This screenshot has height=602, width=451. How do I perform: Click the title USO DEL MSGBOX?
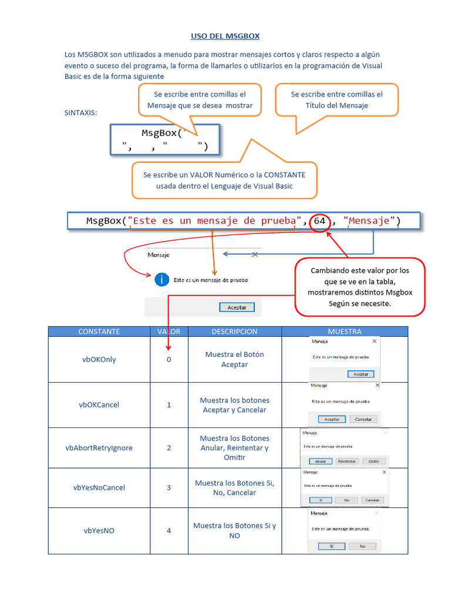(225, 36)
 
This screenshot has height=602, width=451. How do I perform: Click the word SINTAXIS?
(80, 112)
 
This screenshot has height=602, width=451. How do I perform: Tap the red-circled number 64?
(319, 221)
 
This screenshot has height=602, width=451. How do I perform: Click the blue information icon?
(161, 280)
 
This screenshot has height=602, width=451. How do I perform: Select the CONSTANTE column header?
(99, 332)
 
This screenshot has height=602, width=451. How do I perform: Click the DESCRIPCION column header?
(234, 332)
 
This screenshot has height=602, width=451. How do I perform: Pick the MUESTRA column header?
(345, 332)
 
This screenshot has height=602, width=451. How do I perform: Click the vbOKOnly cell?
(99, 359)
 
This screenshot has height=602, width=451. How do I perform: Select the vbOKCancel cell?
(99, 404)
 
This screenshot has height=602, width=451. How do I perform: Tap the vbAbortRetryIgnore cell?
(99, 447)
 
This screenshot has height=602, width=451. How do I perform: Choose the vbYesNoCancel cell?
(99, 487)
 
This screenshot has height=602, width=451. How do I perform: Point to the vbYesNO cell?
(99, 530)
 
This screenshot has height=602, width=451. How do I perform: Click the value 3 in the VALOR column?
(169, 487)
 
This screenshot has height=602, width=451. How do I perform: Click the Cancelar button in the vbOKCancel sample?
(364, 419)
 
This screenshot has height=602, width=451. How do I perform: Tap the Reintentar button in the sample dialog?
(347, 461)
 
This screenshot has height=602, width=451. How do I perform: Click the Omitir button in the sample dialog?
(373, 461)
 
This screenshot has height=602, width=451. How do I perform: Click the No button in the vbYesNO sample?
(354, 546)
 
